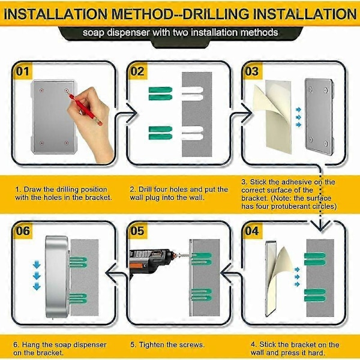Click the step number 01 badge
coord(23,71)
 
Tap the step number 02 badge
coord(137,71)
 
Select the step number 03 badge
coord(252,71)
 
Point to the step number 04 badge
coord(252,231)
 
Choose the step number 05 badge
coord(137,231)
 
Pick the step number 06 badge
coord(23,231)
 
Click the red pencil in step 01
coord(85,110)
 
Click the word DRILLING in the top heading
coord(215,14)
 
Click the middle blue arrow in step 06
coord(37,275)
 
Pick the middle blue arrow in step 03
coord(298,118)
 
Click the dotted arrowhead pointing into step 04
coord(320,226)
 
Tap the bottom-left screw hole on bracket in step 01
coord(41,143)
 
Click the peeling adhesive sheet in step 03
coord(273,115)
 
